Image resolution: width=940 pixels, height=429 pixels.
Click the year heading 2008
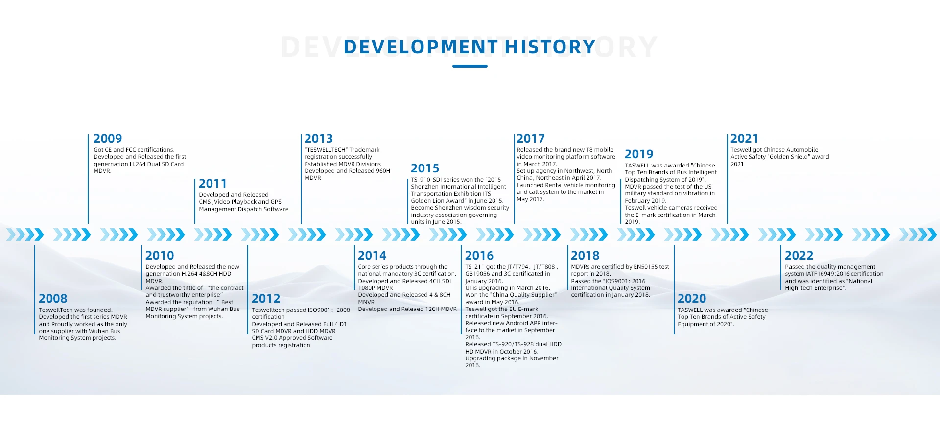pyautogui.click(x=53, y=299)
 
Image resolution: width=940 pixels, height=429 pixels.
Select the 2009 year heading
pyautogui.click(x=108, y=139)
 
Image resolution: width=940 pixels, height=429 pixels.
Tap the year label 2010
pyautogui.click(x=160, y=256)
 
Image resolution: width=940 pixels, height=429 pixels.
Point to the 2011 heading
pyautogui.click(x=213, y=184)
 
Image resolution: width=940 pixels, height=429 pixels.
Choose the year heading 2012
pyautogui.click(x=266, y=299)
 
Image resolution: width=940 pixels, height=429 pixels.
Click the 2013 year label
pyautogui.click(x=319, y=139)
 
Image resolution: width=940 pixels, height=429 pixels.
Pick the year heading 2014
pyautogui.click(x=372, y=256)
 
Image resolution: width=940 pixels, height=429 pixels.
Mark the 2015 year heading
pyautogui.click(x=425, y=168)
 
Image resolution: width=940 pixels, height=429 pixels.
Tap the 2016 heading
pyautogui.click(x=479, y=256)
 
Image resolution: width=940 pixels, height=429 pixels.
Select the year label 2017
pyautogui.click(x=531, y=139)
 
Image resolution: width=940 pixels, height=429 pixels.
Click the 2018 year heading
pyautogui.click(x=585, y=256)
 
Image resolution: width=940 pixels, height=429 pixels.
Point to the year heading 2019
pyautogui.click(x=639, y=154)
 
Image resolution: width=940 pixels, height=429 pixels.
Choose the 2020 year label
pyautogui.click(x=692, y=299)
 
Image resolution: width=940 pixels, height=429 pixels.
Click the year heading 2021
pyautogui.click(x=744, y=139)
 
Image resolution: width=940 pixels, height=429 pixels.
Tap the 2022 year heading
pyautogui.click(x=799, y=256)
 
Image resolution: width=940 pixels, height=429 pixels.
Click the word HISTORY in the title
pyautogui.click(x=550, y=47)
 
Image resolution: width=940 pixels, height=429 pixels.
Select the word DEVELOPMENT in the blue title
pyautogui.click(x=421, y=47)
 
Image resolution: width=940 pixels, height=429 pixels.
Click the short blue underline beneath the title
pyautogui.click(x=470, y=66)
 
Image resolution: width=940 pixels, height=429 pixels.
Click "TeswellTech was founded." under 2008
pyautogui.click(x=76, y=310)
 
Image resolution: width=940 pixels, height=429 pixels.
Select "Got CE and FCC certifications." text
pyautogui.click(x=134, y=150)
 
